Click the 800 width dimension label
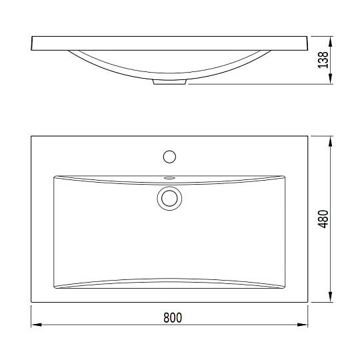(x=173, y=318)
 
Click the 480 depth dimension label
(x=323, y=219)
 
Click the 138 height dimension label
(x=323, y=60)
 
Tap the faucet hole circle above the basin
(x=170, y=157)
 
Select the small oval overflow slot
(x=170, y=178)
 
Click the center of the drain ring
(x=170, y=198)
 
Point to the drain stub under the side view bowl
(x=170, y=82)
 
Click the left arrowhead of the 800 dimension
(x=37, y=325)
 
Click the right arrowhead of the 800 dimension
(x=303, y=325)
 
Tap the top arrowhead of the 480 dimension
(x=331, y=141)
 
